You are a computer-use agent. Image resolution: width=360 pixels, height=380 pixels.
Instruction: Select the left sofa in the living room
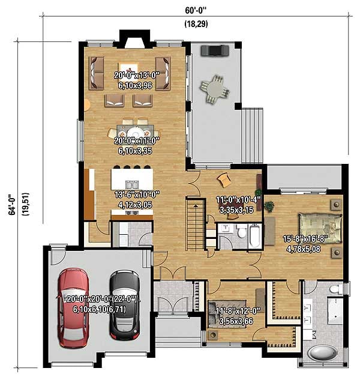point(96,72)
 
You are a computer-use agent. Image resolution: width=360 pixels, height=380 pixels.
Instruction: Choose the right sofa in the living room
point(163,73)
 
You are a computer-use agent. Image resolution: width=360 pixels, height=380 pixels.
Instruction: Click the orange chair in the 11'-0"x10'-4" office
point(224,178)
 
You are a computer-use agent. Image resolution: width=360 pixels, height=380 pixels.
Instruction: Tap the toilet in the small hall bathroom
point(242,232)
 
